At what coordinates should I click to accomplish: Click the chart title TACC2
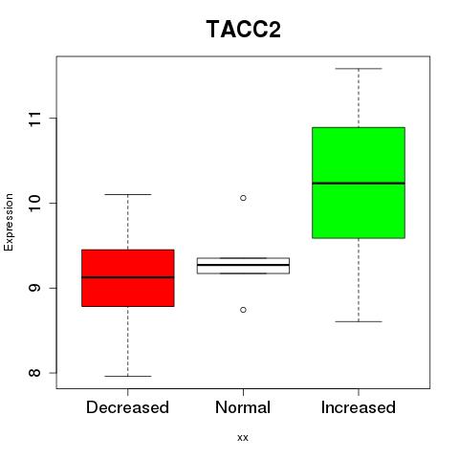click(x=244, y=30)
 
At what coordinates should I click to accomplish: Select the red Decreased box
click(x=128, y=278)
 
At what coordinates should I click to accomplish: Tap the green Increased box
click(x=359, y=183)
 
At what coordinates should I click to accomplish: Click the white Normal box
click(x=243, y=266)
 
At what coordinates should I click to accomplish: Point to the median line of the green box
click(x=359, y=183)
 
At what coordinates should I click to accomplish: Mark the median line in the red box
click(x=128, y=277)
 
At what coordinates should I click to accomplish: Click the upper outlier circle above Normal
click(x=243, y=198)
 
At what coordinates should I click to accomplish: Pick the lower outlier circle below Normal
click(x=243, y=310)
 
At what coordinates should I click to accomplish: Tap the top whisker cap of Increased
click(x=359, y=69)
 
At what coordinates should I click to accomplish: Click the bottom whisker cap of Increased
click(x=359, y=321)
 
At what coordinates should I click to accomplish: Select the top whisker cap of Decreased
click(x=128, y=194)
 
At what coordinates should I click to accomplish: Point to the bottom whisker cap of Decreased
click(x=128, y=376)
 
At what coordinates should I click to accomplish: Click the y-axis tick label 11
click(x=34, y=119)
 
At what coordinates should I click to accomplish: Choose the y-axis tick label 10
click(x=34, y=204)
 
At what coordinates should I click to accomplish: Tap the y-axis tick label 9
click(x=34, y=288)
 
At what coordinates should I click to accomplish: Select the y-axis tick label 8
click(x=34, y=373)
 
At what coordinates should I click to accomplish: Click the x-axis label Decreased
click(x=127, y=407)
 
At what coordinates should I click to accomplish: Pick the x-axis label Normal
click(x=243, y=407)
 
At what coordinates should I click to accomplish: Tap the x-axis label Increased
click(x=359, y=407)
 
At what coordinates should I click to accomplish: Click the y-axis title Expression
click(x=9, y=222)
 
